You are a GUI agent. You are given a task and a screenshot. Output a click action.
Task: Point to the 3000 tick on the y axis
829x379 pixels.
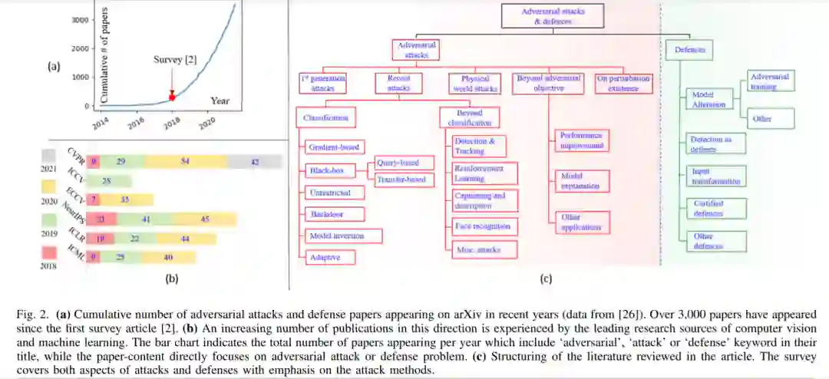pyautogui.click(x=79, y=20)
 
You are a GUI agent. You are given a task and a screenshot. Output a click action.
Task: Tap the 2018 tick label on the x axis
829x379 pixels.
pyautogui.click(x=171, y=123)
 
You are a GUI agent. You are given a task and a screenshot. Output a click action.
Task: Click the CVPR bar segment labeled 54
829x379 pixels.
pyautogui.click(x=185, y=162)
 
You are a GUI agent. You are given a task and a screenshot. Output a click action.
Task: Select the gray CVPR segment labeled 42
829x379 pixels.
pyautogui.click(x=255, y=162)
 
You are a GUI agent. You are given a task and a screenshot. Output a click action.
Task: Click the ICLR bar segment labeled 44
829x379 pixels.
pyautogui.click(x=184, y=238)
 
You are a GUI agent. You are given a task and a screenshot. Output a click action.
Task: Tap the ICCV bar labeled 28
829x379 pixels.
pyautogui.click(x=107, y=181)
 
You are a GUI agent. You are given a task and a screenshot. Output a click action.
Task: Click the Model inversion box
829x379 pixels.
pyautogui.click(x=335, y=236)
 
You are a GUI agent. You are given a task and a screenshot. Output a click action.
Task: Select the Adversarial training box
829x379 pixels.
pyautogui.click(x=769, y=81)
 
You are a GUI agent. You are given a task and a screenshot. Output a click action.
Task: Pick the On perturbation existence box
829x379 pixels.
pyautogui.click(x=623, y=83)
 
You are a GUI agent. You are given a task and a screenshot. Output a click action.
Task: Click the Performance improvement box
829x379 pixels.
pyautogui.click(x=580, y=140)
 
